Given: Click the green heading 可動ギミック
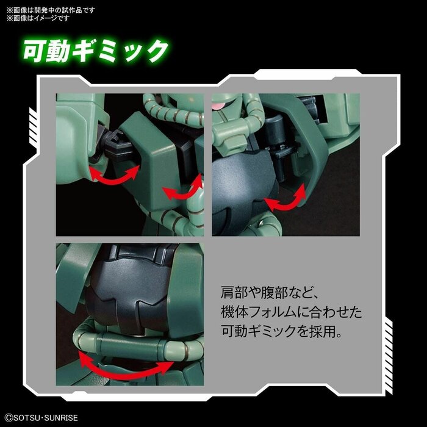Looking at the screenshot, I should (x=95, y=51).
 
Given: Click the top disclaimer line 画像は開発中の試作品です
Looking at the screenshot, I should (x=52, y=7).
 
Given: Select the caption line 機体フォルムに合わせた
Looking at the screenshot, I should (x=291, y=313).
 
